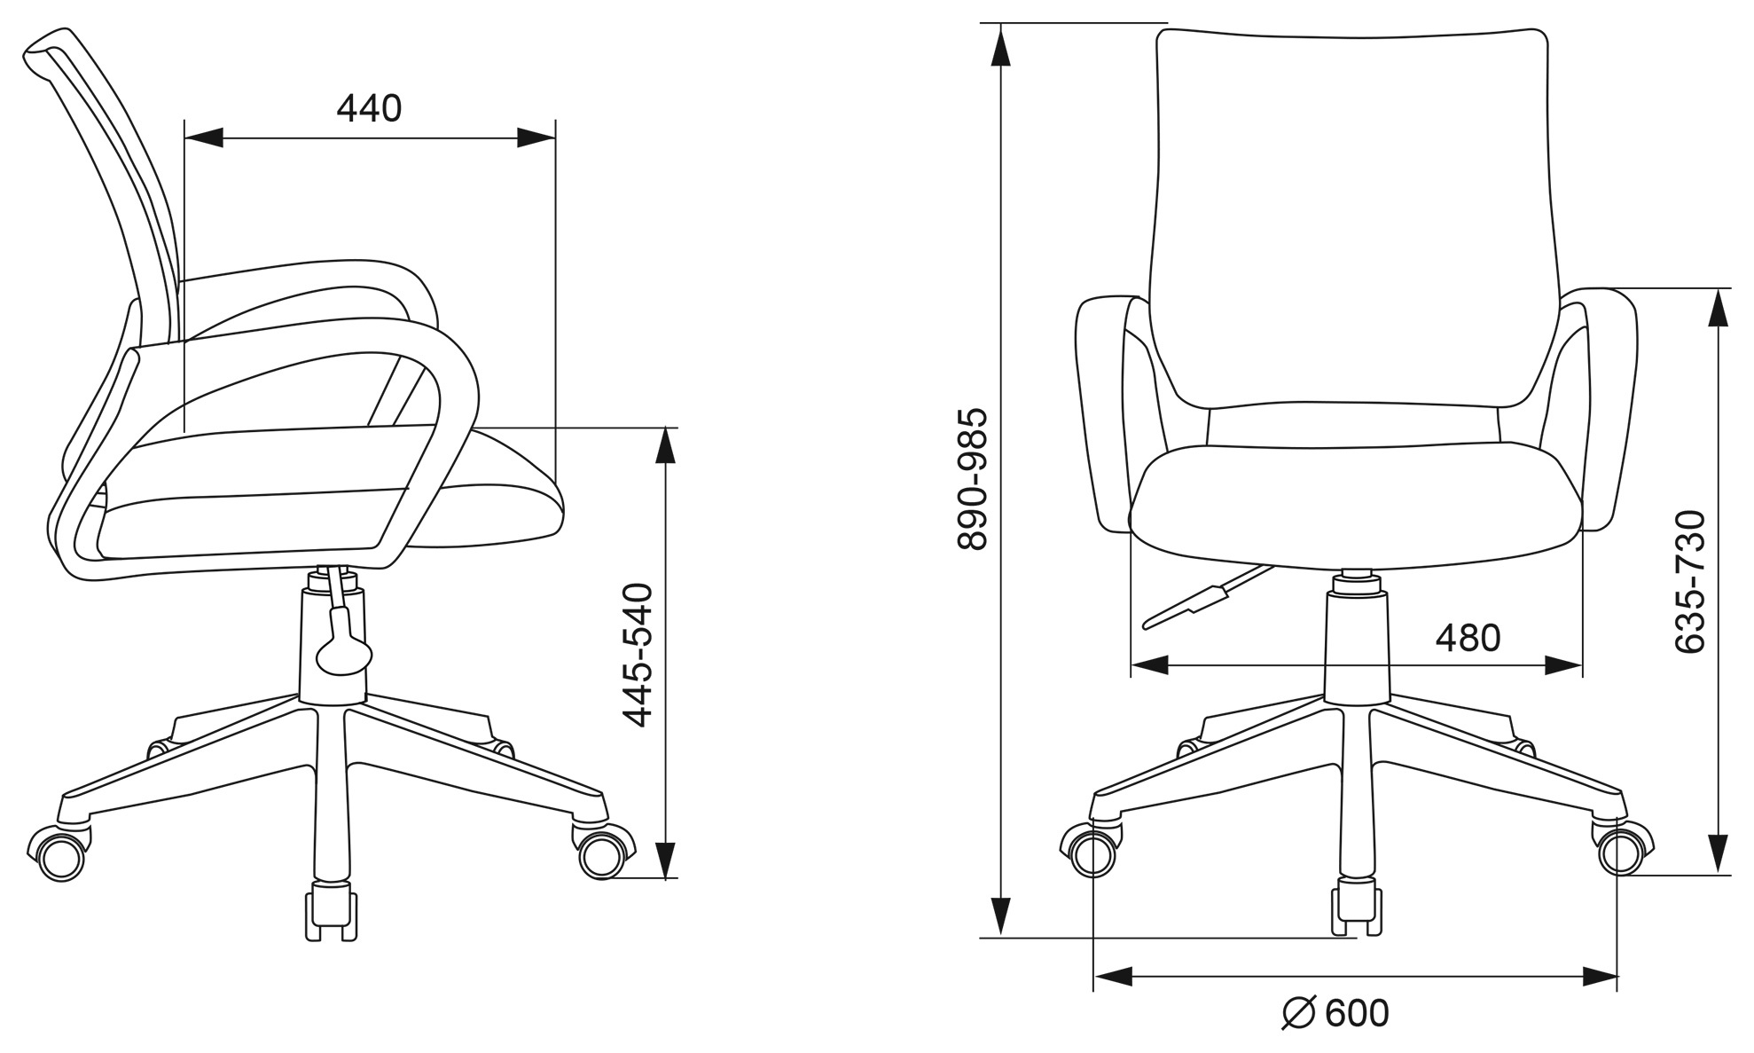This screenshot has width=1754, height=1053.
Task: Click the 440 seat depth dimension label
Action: point(369,108)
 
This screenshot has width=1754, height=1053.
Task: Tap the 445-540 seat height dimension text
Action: point(638,655)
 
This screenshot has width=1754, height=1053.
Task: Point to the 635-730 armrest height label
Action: point(1690,581)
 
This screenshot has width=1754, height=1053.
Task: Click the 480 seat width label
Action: point(1468,638)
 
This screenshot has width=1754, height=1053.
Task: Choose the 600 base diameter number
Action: point(1357,1013)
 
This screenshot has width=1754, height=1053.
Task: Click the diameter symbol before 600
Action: point(1298,1013)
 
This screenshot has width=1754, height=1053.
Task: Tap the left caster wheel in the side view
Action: point(59,854)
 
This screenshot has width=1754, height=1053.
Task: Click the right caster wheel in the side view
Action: point(603,854)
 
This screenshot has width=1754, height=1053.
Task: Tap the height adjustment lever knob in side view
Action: point(341,655)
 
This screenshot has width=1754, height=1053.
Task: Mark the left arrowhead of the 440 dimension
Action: point(203,138)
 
